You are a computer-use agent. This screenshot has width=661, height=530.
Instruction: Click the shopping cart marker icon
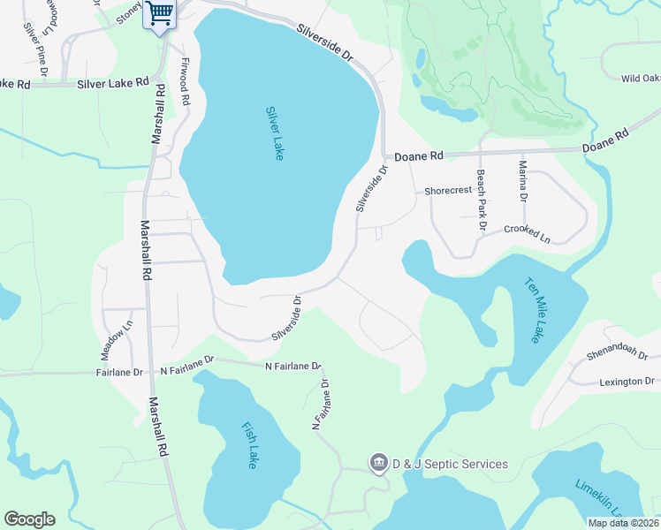[x=159, y=13]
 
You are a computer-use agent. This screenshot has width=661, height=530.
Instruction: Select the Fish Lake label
[x=250, y=445]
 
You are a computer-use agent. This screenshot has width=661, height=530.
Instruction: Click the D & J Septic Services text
[x=451, y=464]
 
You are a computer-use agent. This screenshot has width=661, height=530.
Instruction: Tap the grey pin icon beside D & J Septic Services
[x=378, y=463]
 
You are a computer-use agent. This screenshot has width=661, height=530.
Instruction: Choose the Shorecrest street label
[x=448, y=191]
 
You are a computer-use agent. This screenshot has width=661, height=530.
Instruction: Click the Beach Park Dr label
[x=482, y=201]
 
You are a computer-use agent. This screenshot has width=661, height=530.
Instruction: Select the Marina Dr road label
[x=522, y=181]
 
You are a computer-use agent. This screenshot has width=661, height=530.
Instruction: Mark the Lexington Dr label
[x=626, y=382]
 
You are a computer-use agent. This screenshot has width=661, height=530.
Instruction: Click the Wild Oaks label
[x=640, y=79]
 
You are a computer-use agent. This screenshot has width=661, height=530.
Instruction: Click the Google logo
[x=29, y=519]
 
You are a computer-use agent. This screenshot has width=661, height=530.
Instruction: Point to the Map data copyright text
[x=622, y=523]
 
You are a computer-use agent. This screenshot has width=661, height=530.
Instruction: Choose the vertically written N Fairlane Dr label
[x=321, y=405]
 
